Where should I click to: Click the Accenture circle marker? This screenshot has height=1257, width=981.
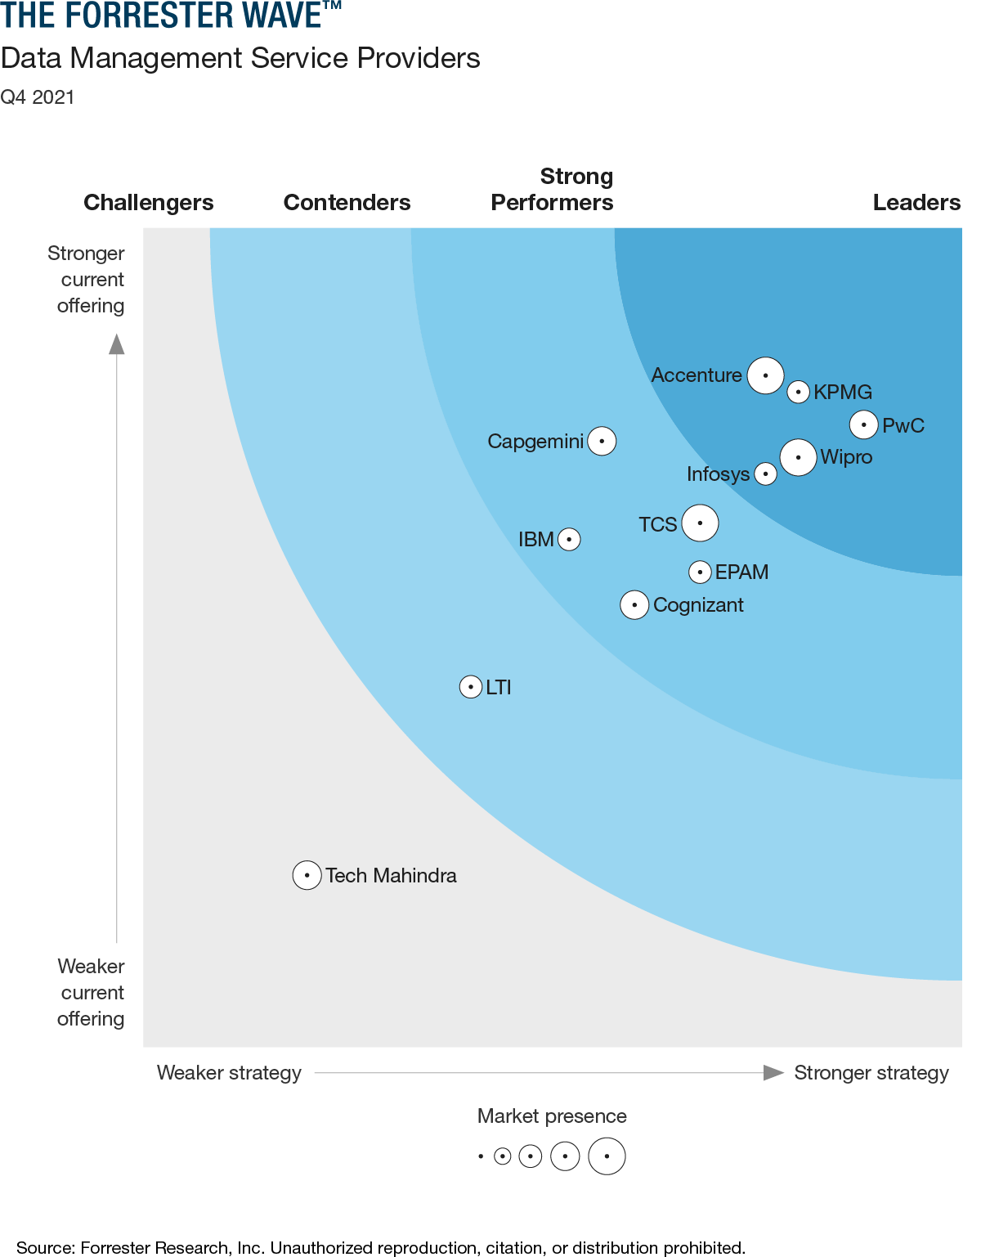click(765, 375)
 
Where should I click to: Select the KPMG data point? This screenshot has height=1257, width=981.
click(798, 392)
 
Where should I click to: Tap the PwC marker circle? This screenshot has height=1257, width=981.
click(863, 424)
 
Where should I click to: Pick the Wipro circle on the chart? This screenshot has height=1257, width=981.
click(798, 457)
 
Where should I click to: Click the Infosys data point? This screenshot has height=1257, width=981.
click(765, 474)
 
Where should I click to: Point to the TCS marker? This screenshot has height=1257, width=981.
click(700, 523)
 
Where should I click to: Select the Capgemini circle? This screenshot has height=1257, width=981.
click(602, 441)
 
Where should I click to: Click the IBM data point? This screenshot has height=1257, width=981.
click(569, 539)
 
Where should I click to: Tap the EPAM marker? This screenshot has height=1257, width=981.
click(700, 572)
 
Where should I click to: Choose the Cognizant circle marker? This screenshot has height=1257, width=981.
click(634, 605)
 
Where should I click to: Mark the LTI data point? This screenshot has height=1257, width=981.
click(470, 687)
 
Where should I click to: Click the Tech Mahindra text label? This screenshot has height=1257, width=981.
click(391, 875)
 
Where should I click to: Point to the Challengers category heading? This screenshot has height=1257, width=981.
click(149, 202)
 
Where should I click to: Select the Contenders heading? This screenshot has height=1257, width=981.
click(347, 202)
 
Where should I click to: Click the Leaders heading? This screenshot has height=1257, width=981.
click(916, 202)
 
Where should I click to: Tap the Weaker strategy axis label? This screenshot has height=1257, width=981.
click(229, 1072)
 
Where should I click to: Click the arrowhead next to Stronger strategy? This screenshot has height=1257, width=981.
click(773, 1072)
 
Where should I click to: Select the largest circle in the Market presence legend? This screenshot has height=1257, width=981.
click(607, 1156)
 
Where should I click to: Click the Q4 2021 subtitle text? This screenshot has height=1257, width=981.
click(38, 97)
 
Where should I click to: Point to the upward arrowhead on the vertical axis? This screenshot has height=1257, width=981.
click(117, 343)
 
